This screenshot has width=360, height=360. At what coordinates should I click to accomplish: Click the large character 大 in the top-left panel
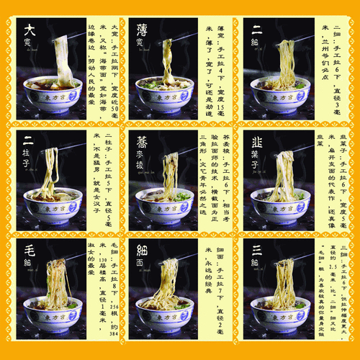pyautogui.click(x=30, y=30)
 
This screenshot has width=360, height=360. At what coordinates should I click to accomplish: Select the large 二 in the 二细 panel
pyautogui.click(x=256, y=30)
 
